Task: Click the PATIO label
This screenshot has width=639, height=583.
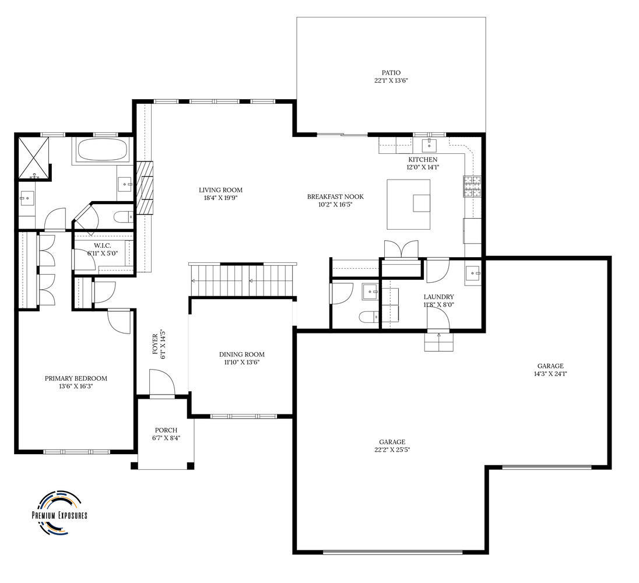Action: (x=391, y=73)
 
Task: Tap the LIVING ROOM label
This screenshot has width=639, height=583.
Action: (x=220, y=190)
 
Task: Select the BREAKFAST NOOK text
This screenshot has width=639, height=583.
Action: (x=335, y=197)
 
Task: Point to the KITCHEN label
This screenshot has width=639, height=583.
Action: (x=423, y=160)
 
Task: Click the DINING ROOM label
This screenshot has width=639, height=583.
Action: (x=241, y=354)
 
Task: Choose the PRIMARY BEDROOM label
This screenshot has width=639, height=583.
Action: (x=76, y=378)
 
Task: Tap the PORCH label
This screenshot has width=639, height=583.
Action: (x=166, y=430)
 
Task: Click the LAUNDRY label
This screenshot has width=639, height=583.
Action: (x=438, y=297)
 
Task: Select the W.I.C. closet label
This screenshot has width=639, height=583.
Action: (x=102, y=245)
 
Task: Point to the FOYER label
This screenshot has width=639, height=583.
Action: (x=155, y=344)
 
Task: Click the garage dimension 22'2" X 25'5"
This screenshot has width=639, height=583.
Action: (x=392, y=449)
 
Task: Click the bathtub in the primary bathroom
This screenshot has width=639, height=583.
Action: (x=101, y=150)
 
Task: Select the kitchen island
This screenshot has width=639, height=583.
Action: (x=408, y=205)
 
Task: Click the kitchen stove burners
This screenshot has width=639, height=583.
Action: (x=472, y=186)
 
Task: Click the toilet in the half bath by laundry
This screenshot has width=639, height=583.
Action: (x=369, y=317)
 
